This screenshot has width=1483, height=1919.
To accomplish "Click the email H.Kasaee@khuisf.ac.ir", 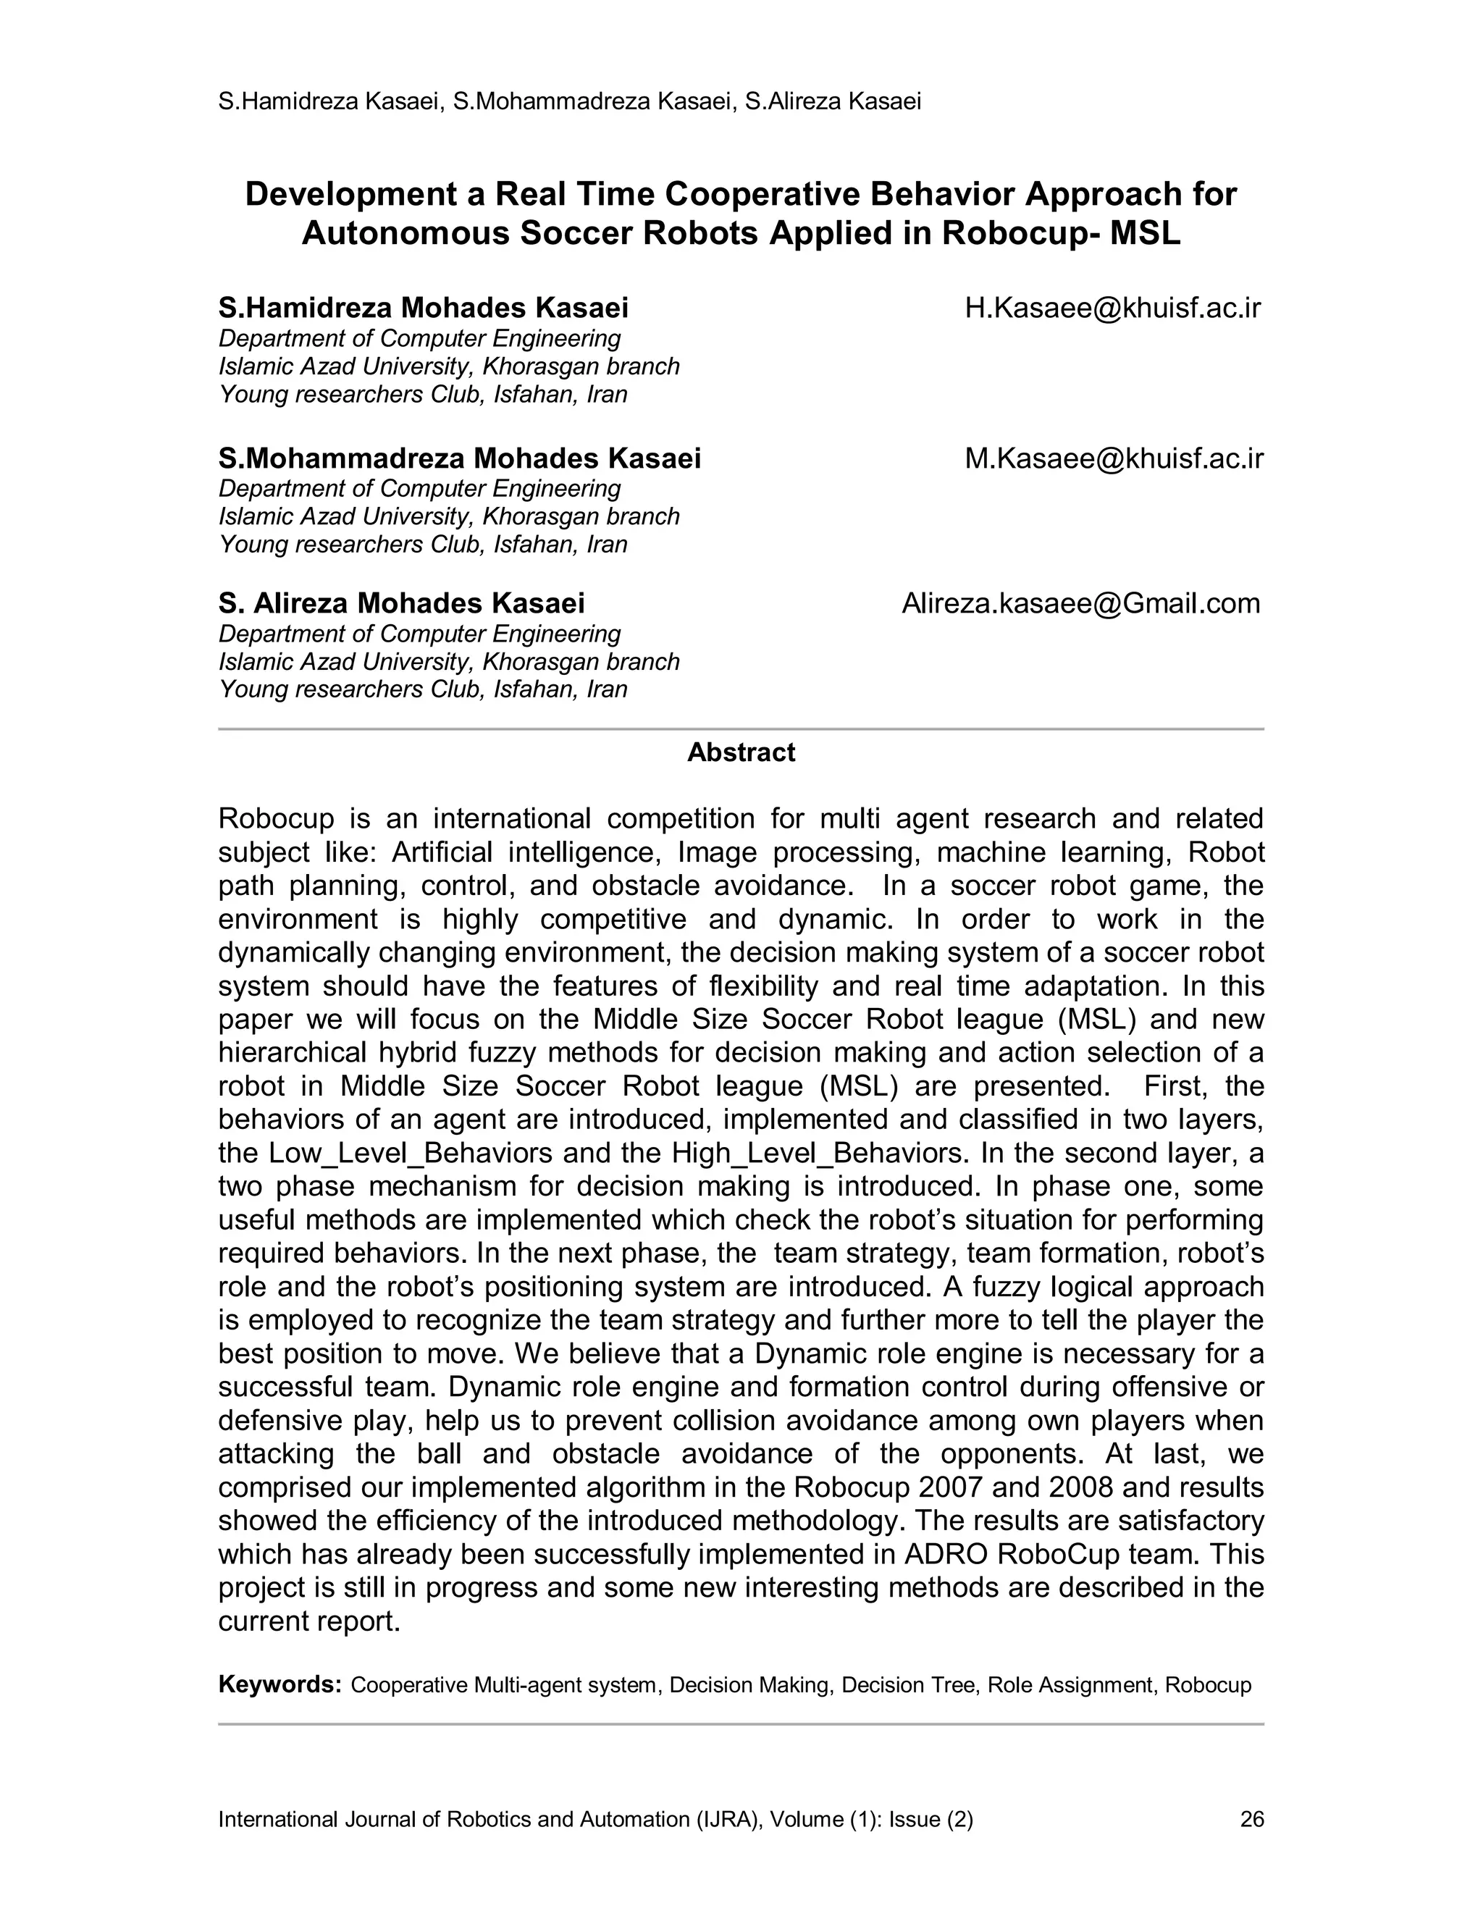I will [x=1112, y=308].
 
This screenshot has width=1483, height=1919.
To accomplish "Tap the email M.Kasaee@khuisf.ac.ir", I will [x=1113, y=458].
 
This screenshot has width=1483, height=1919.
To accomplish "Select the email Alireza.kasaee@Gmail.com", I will [x=1080, y=604].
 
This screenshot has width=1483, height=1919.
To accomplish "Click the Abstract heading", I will [x=741, y=752].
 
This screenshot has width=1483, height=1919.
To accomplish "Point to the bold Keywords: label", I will [x=280, y=1684].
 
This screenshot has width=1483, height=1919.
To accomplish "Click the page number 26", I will [x=1251, y=1819].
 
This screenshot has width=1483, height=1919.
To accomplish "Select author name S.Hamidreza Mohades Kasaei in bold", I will [x=424, y=308].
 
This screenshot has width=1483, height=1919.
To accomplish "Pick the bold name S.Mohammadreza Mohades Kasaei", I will [x=460, y=458].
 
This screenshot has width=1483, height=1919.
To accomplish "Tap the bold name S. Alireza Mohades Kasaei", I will [x=401, y=604].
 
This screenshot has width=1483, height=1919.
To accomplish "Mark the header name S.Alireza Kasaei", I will [x=833, y=102].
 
